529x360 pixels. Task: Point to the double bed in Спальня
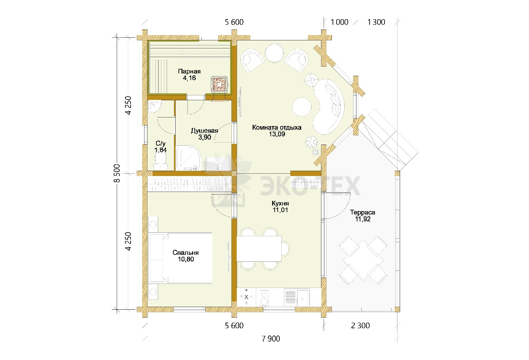181,258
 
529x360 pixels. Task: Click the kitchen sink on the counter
297,297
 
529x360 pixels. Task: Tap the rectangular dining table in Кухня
259,248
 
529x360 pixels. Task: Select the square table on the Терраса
363,260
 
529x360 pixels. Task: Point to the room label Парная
189,71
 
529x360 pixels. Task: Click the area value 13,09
277,134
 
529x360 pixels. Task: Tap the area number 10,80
185,259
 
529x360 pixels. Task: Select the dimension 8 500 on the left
117,173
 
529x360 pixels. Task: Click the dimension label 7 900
271,339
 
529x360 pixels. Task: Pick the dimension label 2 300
360,326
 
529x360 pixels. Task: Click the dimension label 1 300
376,22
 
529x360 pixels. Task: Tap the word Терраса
362,212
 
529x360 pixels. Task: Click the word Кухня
280,203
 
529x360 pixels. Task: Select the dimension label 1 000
339,22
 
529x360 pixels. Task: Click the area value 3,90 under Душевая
205,137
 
